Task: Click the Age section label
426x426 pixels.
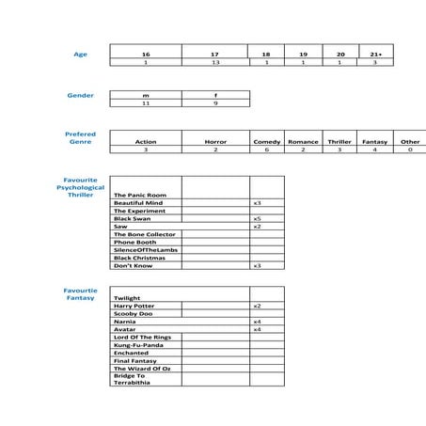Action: pos(80,55)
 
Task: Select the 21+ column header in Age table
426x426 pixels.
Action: pos(374,55)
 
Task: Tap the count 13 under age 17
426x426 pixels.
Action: pos(215,62)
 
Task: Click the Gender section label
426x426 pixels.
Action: pos(80,96)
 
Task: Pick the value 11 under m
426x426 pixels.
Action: pos(146,103)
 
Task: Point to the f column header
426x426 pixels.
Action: pos(215,95)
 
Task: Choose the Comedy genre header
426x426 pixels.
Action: pos(267,142)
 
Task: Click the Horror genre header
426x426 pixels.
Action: pos(215,142)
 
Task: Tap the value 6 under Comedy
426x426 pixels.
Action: pos(267,150)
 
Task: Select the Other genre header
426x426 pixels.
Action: pos(410,142)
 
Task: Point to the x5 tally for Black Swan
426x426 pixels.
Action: pos(257,218)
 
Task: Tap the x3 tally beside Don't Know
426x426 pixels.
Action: pos(257,265)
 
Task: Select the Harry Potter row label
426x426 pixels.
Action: pos(134,306)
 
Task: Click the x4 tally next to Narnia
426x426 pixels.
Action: pos(257,322)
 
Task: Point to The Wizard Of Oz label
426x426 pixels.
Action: pos(142,369)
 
